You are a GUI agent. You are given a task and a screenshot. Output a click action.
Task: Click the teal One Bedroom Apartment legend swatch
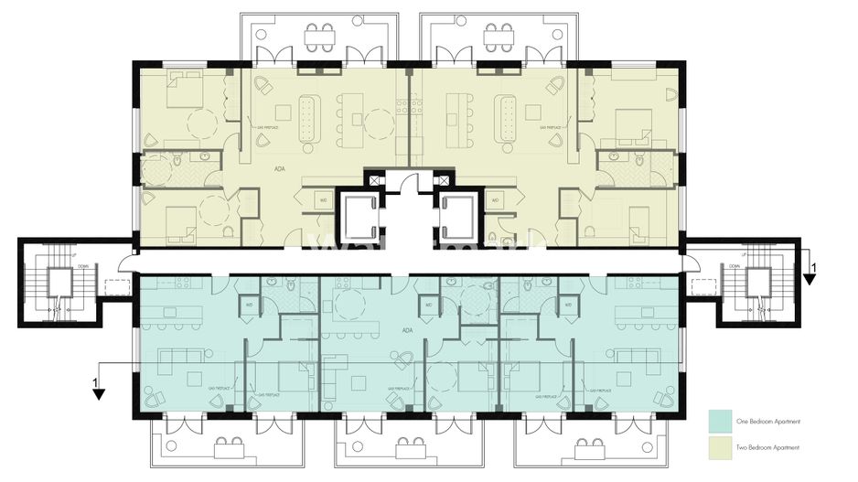coord(722,421)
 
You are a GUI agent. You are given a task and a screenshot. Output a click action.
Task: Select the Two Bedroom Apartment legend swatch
coord(722,447)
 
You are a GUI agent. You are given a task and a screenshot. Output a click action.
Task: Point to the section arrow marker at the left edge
coord(98,391)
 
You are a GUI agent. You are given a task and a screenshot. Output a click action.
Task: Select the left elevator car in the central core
coord(358,215)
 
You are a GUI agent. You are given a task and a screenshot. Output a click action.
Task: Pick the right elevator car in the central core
coord(457,215)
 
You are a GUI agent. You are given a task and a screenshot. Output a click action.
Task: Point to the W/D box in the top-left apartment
coord(323,199)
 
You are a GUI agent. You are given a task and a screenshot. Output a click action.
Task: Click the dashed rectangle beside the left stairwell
coord(118,287)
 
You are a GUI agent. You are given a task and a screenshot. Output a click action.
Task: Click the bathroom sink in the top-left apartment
coord(195,159)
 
